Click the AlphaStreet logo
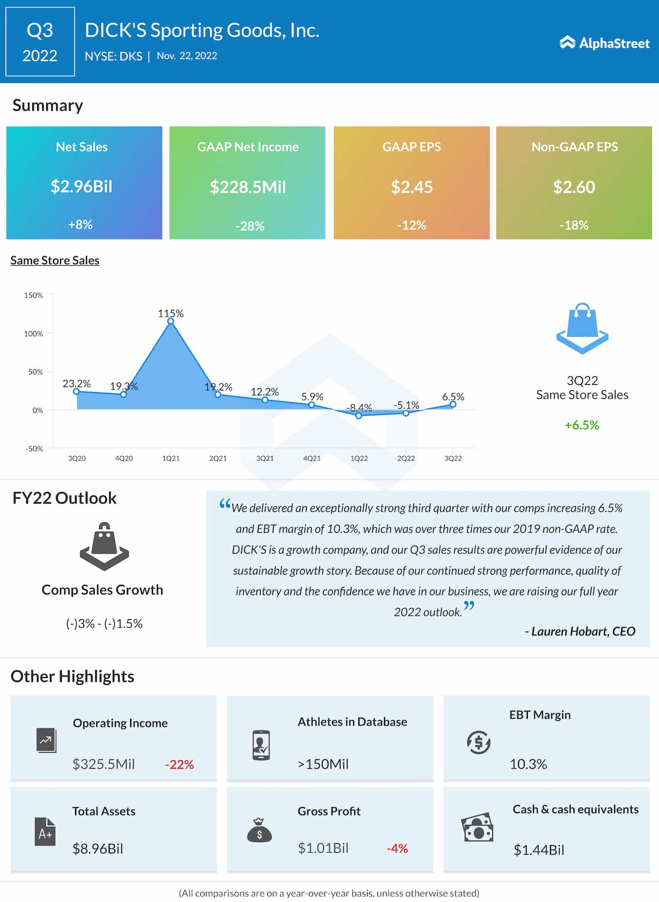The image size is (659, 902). tap(604, 43)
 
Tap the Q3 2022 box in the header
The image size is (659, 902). tap(40, 42)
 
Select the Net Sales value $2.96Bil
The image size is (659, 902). tap(81, 186)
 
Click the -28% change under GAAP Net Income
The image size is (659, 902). tap(250, 226)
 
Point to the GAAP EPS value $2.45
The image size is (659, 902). tap(411, 187)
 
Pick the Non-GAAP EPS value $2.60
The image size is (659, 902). tap(574, 187)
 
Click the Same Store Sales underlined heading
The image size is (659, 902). tap(55, 261)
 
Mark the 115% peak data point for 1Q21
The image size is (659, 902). tap(170, 321)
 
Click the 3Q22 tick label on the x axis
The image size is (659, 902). tap(453, 458)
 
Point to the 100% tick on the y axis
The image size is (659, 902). tap(33, 334)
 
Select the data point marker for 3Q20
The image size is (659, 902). tap(77, 392)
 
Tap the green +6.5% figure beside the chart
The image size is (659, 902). tap(582, 425)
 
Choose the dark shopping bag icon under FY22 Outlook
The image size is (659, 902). tap(104, 547)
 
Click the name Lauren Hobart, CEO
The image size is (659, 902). tap(580, 632)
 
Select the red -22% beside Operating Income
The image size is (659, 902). tap(179, 765)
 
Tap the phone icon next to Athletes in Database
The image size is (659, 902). tap(261, 745)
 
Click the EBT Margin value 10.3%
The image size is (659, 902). tap(528, 764)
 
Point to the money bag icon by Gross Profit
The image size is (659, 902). tap(259, 830)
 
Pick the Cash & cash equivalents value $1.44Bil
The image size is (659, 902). tap(539, 849)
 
